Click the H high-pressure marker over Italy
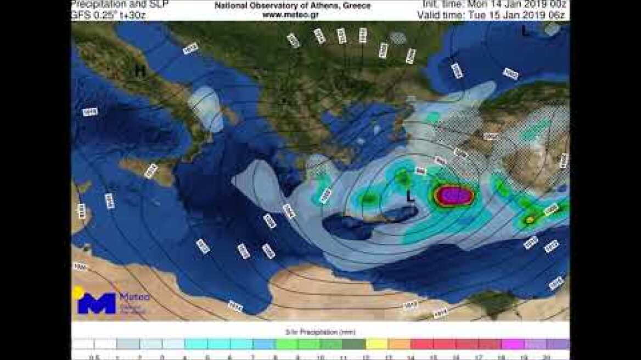(140, 71)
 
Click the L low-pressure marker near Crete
(410, 196)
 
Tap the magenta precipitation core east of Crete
(454, 195)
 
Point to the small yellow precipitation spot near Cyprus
(530, 220)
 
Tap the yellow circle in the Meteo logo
(77, 292)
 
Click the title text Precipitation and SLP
(120, 4)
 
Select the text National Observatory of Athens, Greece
(293, 5)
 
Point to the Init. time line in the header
(494, 4)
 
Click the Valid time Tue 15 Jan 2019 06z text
(491, 15)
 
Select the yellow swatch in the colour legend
(376, 344)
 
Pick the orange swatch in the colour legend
(399, 344)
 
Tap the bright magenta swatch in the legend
(512, 344)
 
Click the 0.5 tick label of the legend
(82, 357)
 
